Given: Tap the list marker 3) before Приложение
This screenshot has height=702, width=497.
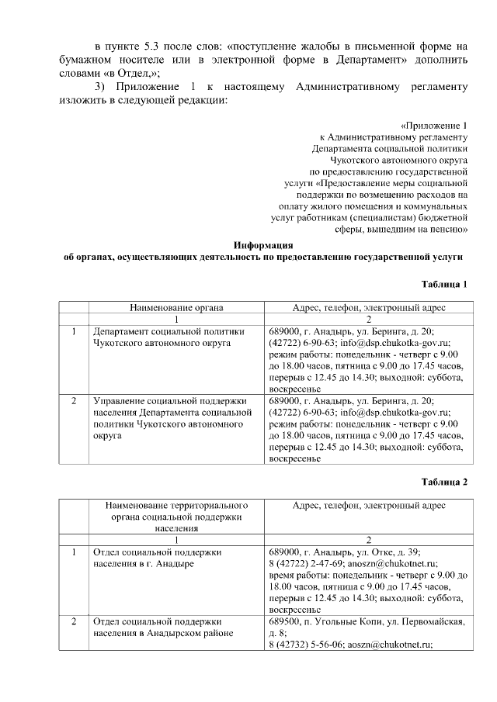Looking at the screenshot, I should (99, 85).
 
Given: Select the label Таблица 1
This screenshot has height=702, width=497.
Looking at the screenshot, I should (444, 285).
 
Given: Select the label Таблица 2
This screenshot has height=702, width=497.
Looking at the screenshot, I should (444, 482).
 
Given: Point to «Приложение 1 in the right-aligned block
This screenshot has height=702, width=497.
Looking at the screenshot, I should (435, 126).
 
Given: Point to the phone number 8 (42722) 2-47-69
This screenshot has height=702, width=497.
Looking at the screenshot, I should (306, 564).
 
